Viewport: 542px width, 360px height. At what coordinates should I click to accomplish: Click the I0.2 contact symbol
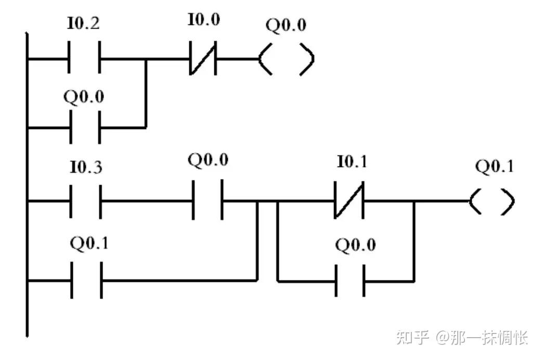pyautogui.click(x=84, y=59)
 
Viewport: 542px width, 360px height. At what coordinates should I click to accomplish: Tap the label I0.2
pyautogui.click(x=84, y=23)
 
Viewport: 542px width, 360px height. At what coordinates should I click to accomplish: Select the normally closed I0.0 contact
pyautogui.click(x=203, y=59)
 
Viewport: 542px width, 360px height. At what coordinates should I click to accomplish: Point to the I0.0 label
pyautogui.click(x=203, y=20)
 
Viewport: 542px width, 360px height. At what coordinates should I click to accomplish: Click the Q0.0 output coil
pyautogui.click(x=287, y=59)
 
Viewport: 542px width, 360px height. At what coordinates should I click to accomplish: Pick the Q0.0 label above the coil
pyautogui.click(x=286, y=25)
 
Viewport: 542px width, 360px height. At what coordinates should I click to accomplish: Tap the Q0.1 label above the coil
pyautogui.click(x=494, y=166)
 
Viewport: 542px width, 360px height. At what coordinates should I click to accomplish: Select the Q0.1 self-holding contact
pyautogui.click(x=86, y=281)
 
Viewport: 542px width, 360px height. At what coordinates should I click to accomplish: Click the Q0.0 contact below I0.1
pyautogui.click(x=350, y=281)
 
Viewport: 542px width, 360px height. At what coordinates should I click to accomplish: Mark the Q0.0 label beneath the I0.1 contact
pyautogui.click(x=355, y=245)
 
